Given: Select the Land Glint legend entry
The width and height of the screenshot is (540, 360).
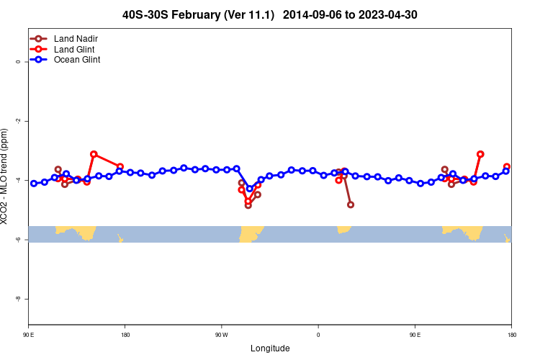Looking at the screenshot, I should coord(74,49).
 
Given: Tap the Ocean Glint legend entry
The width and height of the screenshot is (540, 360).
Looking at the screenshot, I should coord(77,60).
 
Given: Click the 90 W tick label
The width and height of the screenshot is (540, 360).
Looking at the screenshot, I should coord(221,335).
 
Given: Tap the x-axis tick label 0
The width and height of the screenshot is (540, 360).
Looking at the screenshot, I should coord(318,335).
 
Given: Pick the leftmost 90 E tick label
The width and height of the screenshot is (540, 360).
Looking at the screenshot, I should coord(28,335).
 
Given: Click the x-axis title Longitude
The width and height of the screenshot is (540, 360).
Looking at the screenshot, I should coord(270,348).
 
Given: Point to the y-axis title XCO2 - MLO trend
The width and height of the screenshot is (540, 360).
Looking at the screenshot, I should coord(5,176).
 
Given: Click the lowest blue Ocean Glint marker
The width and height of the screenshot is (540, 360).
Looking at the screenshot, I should coord(250,189).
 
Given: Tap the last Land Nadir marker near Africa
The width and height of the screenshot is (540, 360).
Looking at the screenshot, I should coord(351,204).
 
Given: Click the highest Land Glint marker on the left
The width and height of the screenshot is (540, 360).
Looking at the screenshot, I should coord(94,154).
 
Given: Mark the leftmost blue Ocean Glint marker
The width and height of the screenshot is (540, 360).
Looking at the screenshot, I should coord(34,184).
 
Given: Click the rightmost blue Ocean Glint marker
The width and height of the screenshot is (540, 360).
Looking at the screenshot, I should coord(506,171).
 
